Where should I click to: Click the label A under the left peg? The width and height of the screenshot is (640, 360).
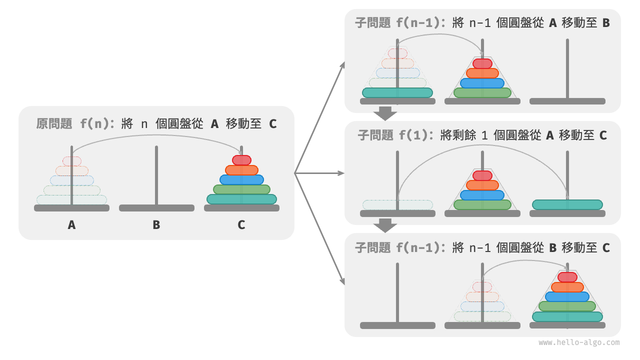click(x=71, y=225)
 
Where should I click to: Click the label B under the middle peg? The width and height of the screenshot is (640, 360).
click(x=156, y=225)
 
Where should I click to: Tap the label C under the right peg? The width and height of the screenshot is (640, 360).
click(x=241, y=225)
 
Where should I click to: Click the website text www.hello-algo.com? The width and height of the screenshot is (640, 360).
click(x=579, y=342)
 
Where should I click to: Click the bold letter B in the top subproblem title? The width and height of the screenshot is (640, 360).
click(x=606, y=23)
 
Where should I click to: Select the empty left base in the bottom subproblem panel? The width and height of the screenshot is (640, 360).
click(x=397, y=325)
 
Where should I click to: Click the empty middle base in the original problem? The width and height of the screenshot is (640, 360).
click(x=156, y=208)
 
